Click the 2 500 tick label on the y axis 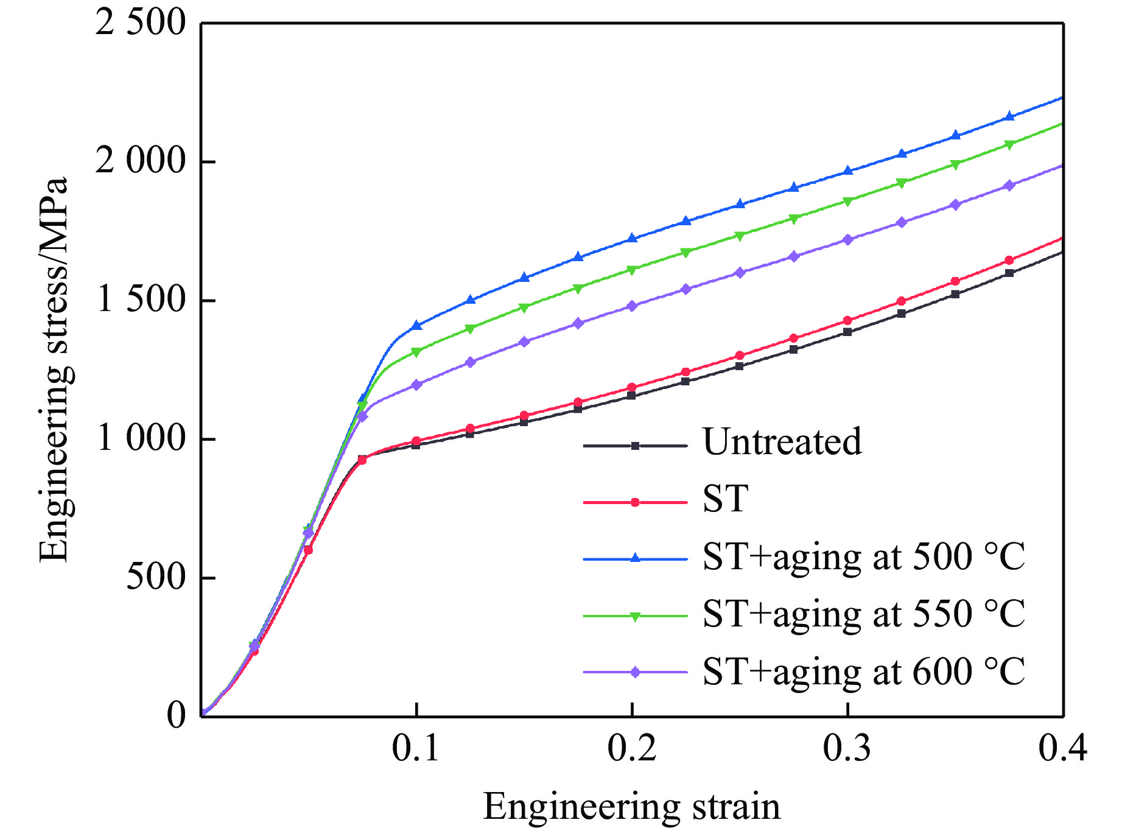pyautogui.click(x=139, y=24)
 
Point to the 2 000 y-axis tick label pyautogui.click(x=139, y=162)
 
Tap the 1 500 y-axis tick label pyautogui.click(x=139, y=300)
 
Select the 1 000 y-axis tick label pyautogui.click(x=139, y=438)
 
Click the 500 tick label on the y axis pyautogui.click(x=155, y=577)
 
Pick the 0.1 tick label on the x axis pyautogui.click(x=416, y=748)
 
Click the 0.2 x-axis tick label pyautogui.click(x=632, y=748)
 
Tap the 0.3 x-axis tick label pyautogui.click(x=847, y=748)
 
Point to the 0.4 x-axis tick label pyautogui.click(x=1062, y=748)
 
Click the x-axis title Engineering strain pyautogui.click(x=631, y=807)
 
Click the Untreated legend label pyautogui.click(x=782, y=442)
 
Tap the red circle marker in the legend pyautogui.click(x=635, y=502)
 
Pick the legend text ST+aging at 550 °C pyautogui.click(x=864, y=614)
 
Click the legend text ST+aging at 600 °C pyautogui.click(x=864, y=671)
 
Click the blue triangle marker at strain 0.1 pyautogui.click(x=417, y=326)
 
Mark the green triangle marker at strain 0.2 pyautogui.click(x=632, y=270)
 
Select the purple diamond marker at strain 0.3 pyautogui.click(x=847, y=240)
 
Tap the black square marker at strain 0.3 pyautogui.click(x=847, y=332)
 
